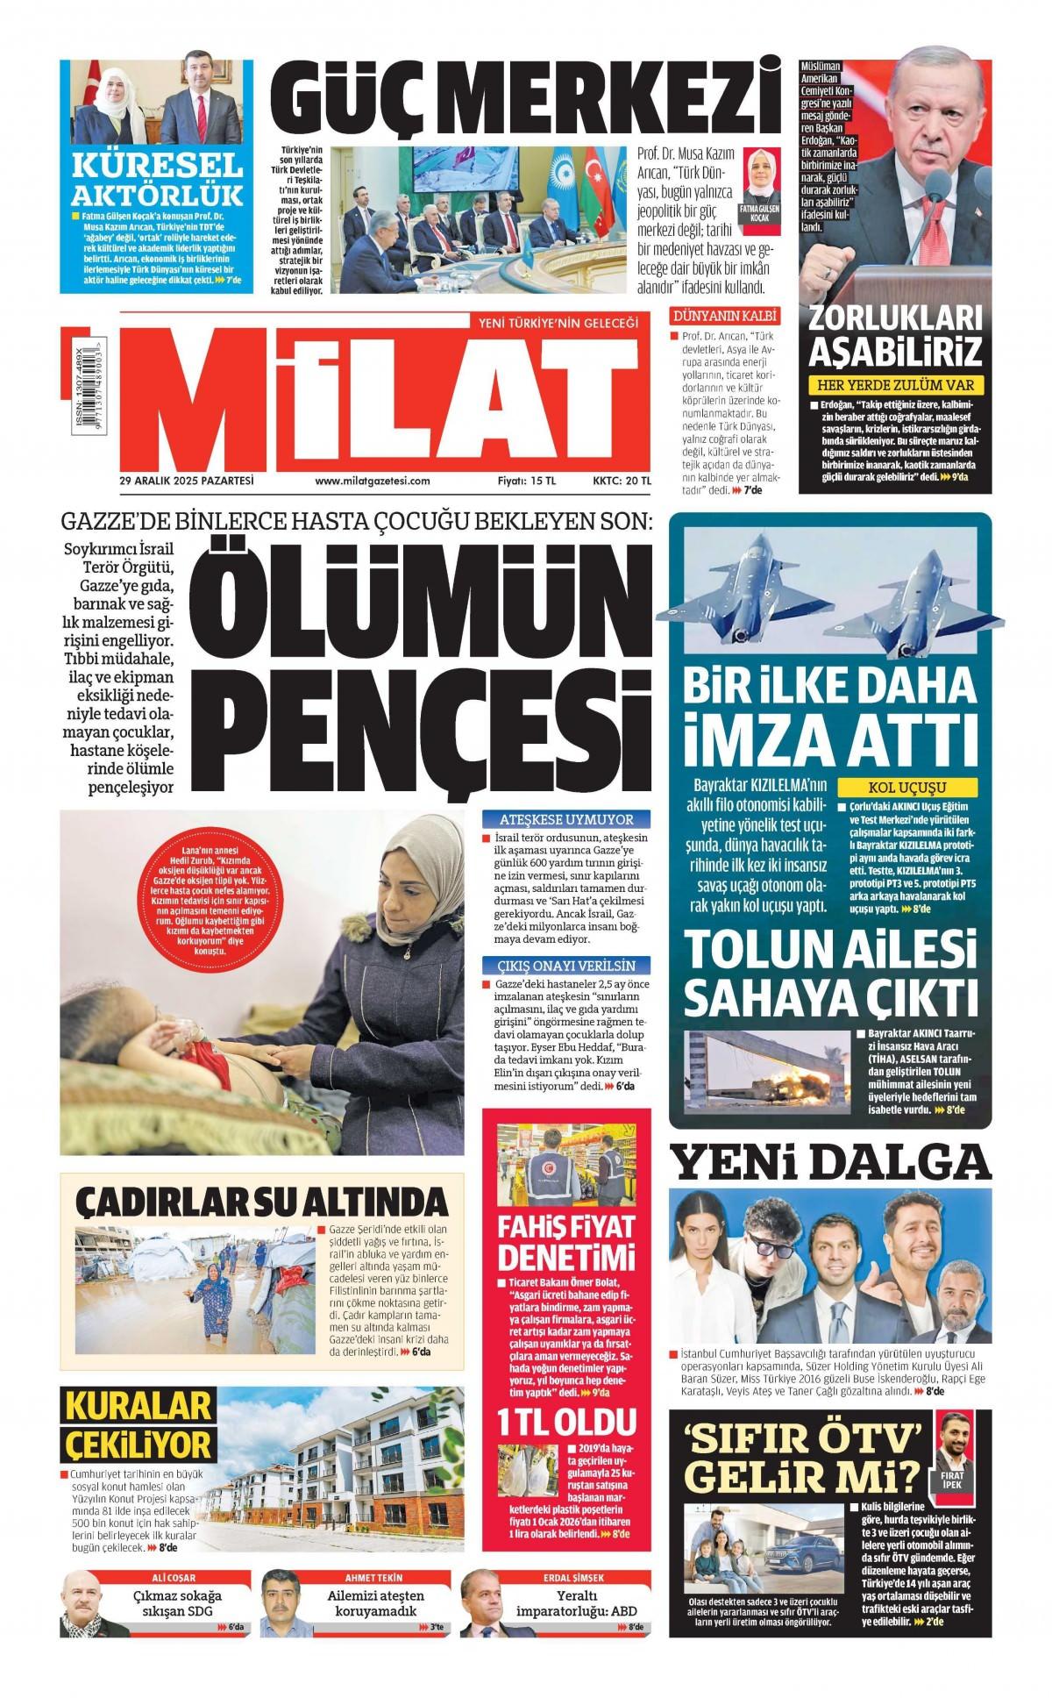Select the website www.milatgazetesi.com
point(372,481)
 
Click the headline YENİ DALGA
point(830,1163)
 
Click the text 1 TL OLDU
point(565,1420)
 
